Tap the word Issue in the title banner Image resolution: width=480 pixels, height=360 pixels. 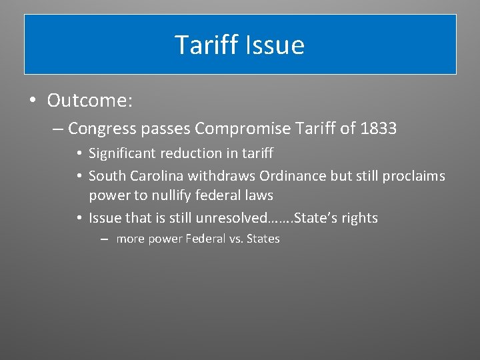click(275, 45)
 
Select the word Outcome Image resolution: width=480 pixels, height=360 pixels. click(90, 101)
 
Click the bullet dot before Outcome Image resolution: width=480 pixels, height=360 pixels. click(32, 101)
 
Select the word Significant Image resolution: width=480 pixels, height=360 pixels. click(121, 154)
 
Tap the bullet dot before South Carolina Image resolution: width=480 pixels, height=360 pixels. click(79, 177)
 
